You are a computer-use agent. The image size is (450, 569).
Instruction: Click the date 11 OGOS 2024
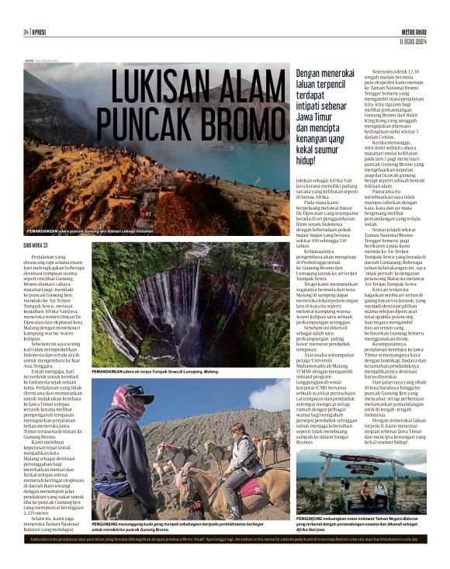tap(410, 40)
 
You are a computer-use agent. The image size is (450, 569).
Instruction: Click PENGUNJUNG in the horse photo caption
tap(109, 524)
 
